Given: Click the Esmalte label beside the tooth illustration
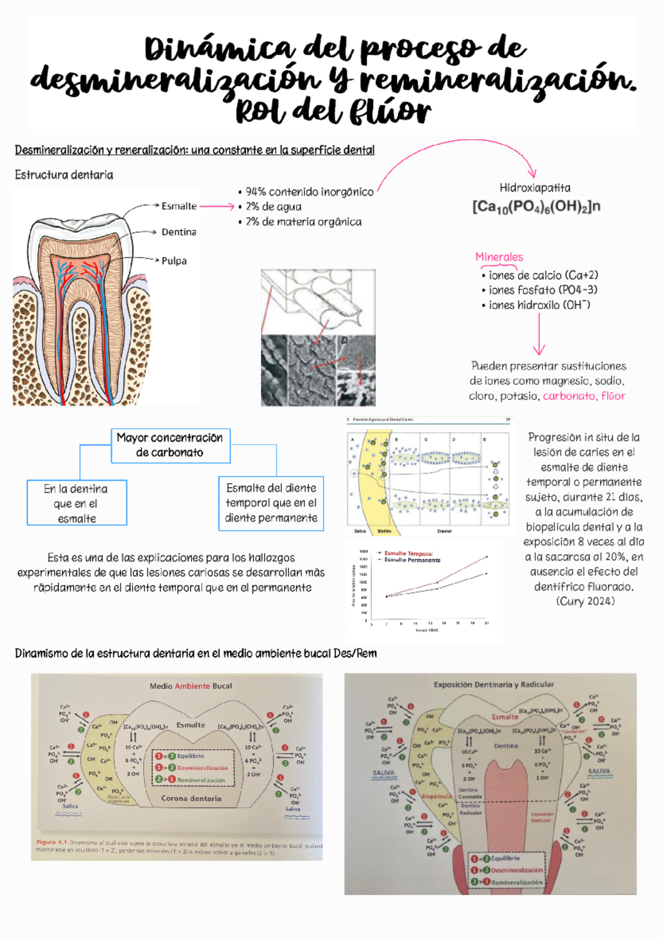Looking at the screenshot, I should point(179,206).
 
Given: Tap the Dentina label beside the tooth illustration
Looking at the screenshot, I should point(178,232).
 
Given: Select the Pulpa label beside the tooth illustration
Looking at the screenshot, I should point(174,261).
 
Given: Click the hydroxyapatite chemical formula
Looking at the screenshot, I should point(535,207).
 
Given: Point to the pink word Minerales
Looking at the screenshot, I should point(499,257).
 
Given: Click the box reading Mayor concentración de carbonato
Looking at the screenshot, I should point(170,446).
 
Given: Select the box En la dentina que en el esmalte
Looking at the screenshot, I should point(77,503).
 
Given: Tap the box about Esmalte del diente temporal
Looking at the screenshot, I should point(271,503).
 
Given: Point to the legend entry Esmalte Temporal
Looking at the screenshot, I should point(408,553).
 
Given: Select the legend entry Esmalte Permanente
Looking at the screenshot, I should point(412,560).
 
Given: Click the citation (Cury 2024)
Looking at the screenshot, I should point(585,601).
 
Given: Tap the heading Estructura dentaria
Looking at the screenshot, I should point(64,175).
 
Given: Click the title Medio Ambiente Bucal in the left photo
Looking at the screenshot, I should point(191,686).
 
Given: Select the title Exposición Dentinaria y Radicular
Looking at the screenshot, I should point(493,684).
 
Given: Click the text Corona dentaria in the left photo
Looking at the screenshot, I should point(191,798).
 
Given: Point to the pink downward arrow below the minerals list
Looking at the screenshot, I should point(539,334).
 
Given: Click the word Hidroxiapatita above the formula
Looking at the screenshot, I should point(535,188).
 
